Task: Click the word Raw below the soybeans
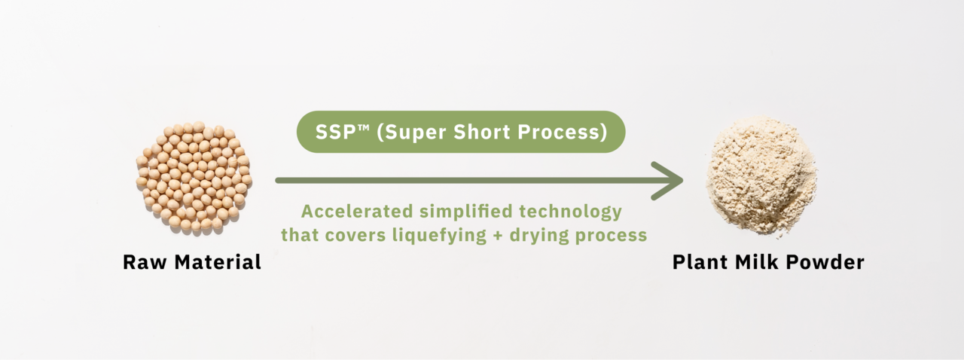[x=145, y=262]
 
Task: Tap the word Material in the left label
[x=218, y=262]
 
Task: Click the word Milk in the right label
[x=756, y=262]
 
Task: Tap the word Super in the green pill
[x=411, y=133]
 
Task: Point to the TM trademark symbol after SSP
[x=363, y=127]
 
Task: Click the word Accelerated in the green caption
[x=357, y=212]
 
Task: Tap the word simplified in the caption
[x=466, y=212]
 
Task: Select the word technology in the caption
[x=571, y=212]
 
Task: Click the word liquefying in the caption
[x=439, y=236]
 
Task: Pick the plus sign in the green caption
[x=498, y=236]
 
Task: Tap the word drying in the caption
[x=538, y=236]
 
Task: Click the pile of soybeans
[x=194, y=176]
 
